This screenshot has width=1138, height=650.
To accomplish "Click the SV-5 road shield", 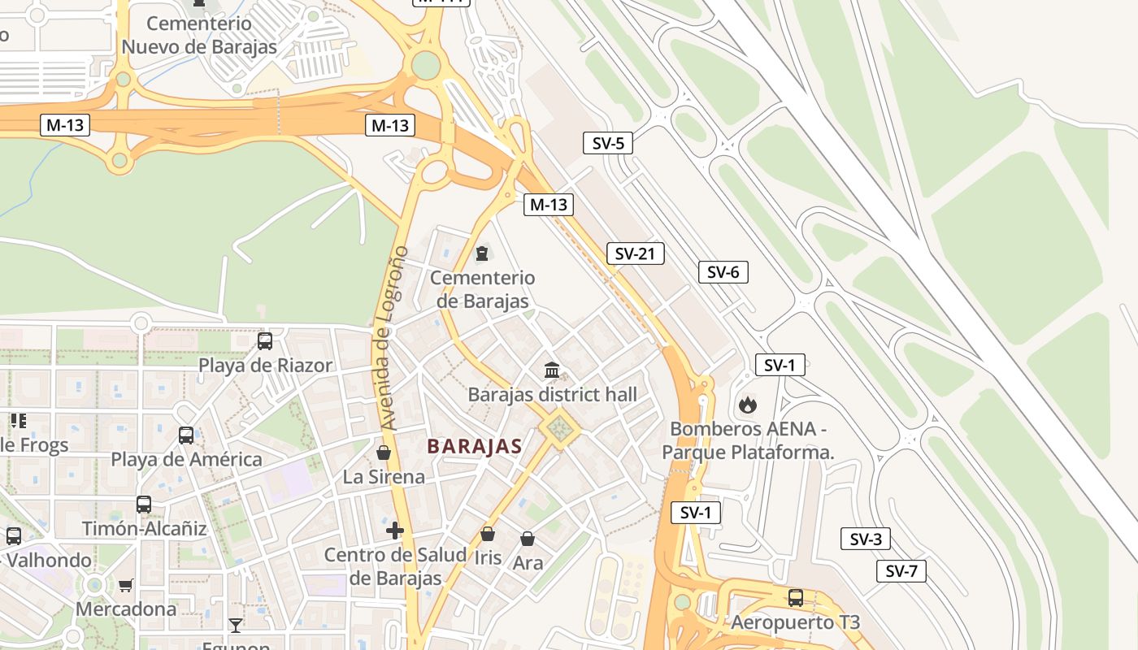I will click(x=608, y=144).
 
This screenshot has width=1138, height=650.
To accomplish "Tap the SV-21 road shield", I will click(x=635, y=253).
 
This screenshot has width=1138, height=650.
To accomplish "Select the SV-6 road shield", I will click(x=723, y=272).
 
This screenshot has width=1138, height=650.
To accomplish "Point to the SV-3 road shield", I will click(x=866, y=539).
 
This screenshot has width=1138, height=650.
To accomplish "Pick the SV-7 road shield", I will click(x=901, y=571).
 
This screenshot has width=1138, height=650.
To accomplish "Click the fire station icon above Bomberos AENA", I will click(x=747, y=403).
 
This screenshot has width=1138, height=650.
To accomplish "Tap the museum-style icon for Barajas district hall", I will click(x=552, y=370).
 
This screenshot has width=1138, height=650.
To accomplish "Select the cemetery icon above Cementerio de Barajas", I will click(x=482, y=253).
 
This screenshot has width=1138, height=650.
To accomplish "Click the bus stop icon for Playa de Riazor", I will click(x=265, y=341).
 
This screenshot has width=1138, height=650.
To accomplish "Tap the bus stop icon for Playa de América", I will click(x=186, y=435).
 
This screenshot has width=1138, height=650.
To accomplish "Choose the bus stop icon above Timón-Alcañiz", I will click(x=144, y=505).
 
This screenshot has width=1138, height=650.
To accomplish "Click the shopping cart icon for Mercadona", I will click(x=126, y=585).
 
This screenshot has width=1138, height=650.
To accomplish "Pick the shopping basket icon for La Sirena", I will click(x=383, y=453).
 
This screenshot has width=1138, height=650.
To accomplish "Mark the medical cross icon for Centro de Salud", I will click(x=395, y=531).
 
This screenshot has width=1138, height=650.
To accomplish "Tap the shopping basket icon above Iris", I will click(x=488, y=534).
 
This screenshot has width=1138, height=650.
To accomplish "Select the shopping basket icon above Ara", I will click(x=528, y=539).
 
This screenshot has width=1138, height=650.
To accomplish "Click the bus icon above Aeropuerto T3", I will click(x=795, y=598).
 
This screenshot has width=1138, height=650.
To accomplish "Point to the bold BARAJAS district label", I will click(x=474, y=446).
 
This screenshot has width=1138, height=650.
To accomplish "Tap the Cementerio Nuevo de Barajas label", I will click(x=199, y=36).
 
